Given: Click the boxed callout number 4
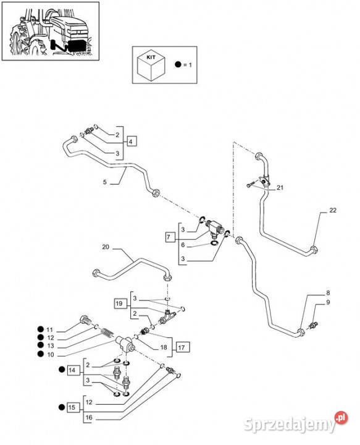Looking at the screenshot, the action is coord(131,141).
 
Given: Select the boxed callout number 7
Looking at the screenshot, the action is coord(169,237).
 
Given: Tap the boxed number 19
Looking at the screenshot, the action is coord(119,303).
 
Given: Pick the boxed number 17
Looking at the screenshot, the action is coord(182,347).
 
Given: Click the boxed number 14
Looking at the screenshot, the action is coord(72,370).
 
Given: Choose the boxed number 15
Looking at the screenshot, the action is coord(72,407).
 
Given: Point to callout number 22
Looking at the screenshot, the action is coord(332,210).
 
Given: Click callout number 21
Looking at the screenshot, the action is coord(280,188).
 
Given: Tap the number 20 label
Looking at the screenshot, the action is coord(106,247).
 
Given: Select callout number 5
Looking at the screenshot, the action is coord(105,182).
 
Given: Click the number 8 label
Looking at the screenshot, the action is coord(328,293).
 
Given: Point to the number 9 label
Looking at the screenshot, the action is coord(328,302).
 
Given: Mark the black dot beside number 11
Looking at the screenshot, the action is coord(40,329).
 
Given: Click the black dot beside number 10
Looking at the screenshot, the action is coord(40,354).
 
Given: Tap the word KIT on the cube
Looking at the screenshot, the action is coord(151,57).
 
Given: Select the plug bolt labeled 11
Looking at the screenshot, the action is coord(85,320).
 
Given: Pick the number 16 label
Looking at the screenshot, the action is coord(89,417).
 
